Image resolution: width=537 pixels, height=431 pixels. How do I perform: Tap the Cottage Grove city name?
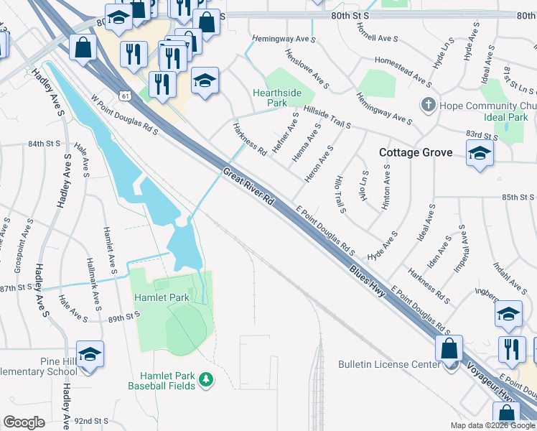tap(416, 152)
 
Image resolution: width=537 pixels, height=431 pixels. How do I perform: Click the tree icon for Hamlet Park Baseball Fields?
tap(206, 378)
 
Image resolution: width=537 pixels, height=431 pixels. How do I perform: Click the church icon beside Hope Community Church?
tap(428, 106)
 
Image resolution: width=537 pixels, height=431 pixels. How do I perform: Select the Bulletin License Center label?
tap(389, 364)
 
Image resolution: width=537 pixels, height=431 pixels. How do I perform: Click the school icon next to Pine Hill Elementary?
tap(90, 354)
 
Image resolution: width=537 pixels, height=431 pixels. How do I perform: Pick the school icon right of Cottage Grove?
tap(480, 153)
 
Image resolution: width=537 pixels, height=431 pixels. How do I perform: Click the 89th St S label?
tap(123, 316)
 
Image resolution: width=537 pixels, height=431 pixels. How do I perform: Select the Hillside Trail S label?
tap(327, 115)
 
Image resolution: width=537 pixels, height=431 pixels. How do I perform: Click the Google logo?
tap(24, 422)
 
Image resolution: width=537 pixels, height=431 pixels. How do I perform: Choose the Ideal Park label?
tap(506, 117)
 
